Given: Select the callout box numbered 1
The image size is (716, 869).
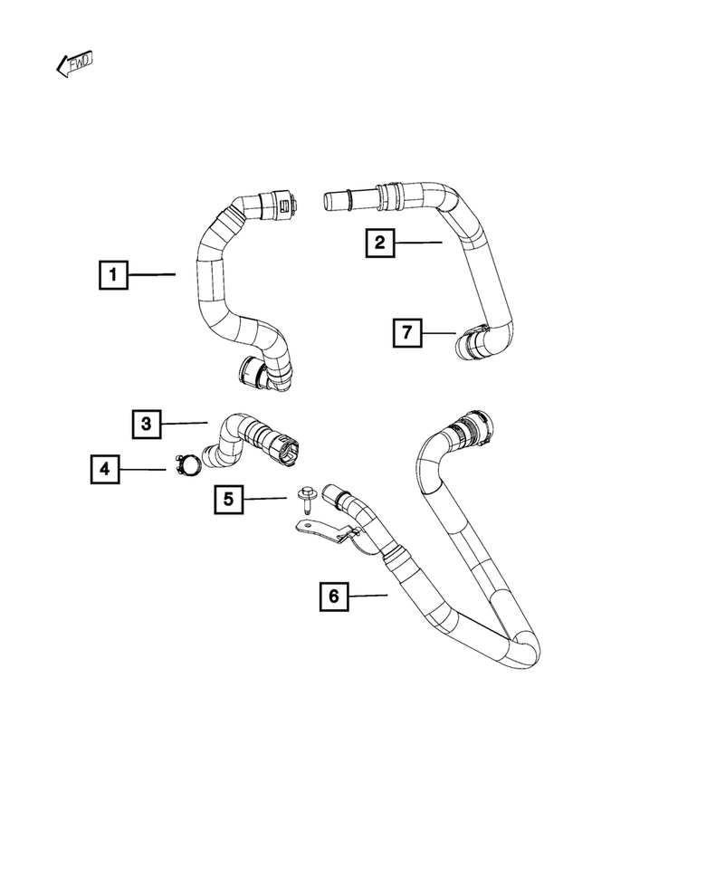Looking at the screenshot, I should (x=113, y=273).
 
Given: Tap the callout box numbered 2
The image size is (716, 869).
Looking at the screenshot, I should (x=380, y=242).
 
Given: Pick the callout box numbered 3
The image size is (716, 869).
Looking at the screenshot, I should (x=147, y=423).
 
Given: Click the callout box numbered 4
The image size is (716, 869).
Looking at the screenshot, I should (x=105, y=469).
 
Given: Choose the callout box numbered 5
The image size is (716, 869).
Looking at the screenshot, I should (x=229, y=499).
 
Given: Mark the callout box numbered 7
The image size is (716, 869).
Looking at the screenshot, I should (x=407, y=333).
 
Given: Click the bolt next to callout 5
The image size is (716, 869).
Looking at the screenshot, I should (x=305, y=501).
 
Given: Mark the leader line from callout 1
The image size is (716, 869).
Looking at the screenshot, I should (x=151, y=273).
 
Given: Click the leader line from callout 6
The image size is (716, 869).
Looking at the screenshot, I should (x=368, y=596).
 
